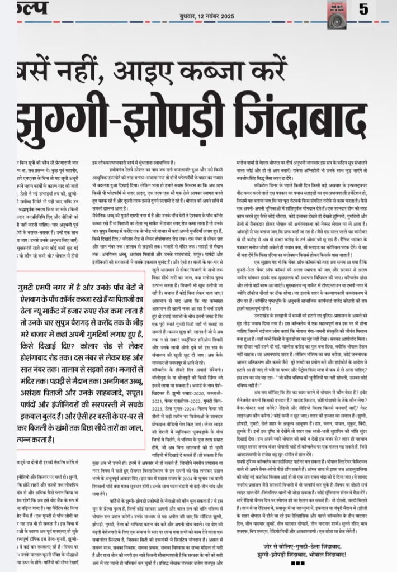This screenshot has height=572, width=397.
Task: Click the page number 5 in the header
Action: [364, 9]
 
